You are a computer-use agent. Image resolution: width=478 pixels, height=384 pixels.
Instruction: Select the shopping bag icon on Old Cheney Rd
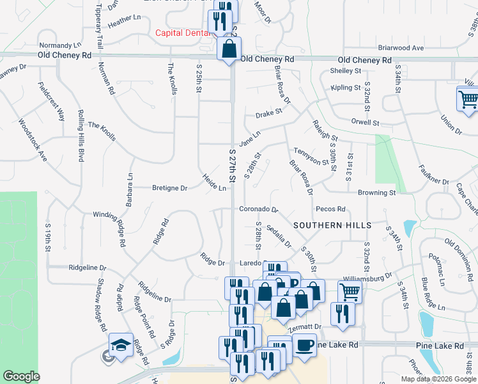[x=229, y=48]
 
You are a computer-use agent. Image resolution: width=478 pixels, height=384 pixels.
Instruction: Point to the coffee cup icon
[x=304, y=345]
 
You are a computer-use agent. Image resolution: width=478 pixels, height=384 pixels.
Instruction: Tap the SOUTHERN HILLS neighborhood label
[x=332, y=225]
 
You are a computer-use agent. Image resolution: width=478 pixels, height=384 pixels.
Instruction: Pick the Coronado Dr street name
[x=259, y=209]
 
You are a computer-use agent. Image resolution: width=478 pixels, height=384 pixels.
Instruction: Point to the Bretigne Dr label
[x=169, y=188]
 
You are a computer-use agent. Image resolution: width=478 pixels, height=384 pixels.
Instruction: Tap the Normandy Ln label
[x=60, y=45]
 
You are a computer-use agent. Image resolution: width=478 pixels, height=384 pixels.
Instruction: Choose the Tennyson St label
[x=311, y=157]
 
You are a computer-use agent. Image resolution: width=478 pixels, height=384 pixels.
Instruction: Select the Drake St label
[x=268, y=113]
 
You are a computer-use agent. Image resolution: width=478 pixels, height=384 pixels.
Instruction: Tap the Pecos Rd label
[x=330, y=209]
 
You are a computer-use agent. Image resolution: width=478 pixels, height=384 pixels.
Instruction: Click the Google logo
[x=21, y=376]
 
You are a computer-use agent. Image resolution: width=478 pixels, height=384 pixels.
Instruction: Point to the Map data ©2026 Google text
[x=438, y=379]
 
